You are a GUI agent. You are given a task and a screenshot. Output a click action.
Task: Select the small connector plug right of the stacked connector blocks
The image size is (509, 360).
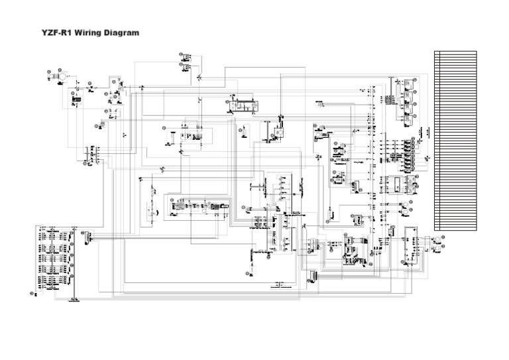coord(87,234)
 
